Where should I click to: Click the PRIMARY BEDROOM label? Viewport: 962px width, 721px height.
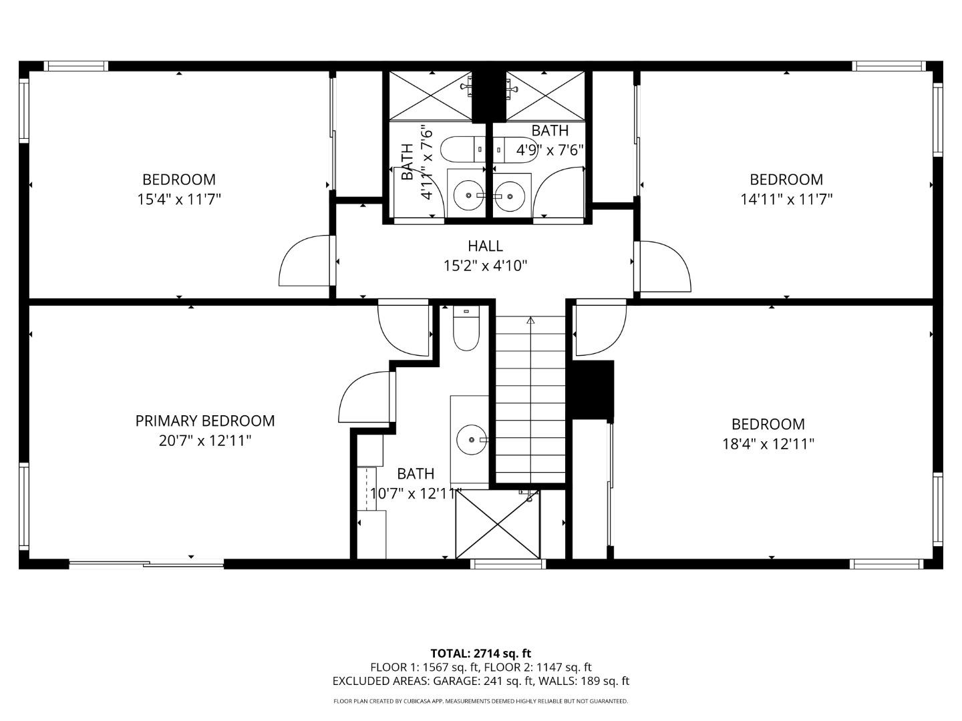(204, 421)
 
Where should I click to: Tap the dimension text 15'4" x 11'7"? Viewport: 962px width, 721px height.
(178, 199)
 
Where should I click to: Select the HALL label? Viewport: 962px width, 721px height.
(485, 246)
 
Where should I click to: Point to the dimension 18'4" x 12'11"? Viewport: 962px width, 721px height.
(768, 444)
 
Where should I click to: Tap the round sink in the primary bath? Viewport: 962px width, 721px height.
(472, 440)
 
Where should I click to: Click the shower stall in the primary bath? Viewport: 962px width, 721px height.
(498, 524)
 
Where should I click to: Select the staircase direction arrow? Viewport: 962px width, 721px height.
(530, 320)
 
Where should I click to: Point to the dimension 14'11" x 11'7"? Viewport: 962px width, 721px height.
(786, 199)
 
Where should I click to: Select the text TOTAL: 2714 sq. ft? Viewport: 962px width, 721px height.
(480, 653)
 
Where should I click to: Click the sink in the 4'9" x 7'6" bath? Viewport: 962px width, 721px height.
(511, 196)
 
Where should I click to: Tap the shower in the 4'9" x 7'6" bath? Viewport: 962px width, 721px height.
(545, 95)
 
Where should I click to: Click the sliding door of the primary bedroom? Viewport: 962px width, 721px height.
(146, 564)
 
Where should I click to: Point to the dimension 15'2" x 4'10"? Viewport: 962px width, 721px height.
(485, 266)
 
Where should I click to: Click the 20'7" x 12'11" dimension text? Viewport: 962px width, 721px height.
(204, 441)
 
